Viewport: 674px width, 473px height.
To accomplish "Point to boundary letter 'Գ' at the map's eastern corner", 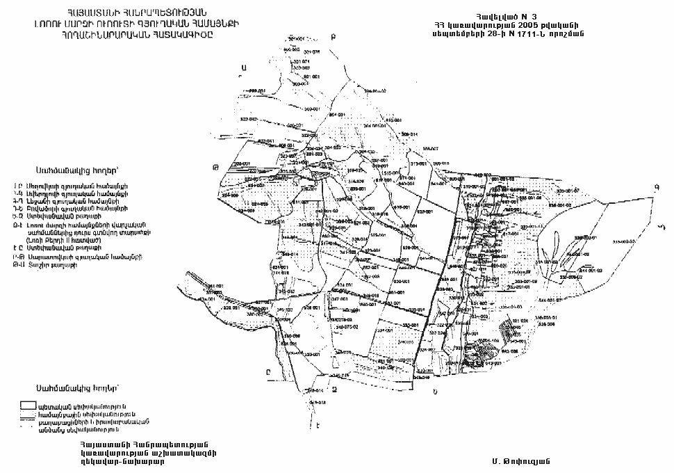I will point(655,186).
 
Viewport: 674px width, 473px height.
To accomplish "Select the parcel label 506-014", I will point(409,134).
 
